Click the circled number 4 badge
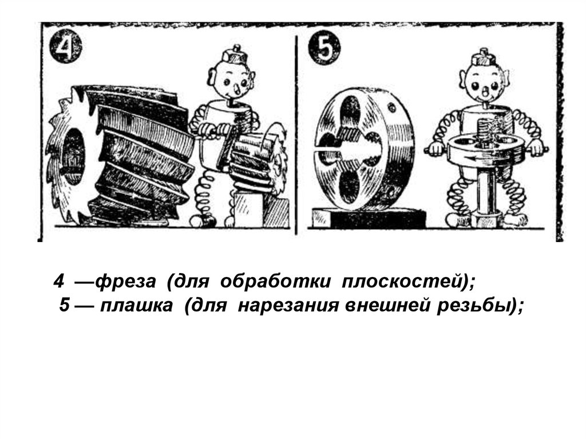(x=65, y=48)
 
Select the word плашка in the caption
(x=136, y=306)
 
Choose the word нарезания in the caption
(x=288, y=306)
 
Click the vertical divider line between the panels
(x=296, y=135)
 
